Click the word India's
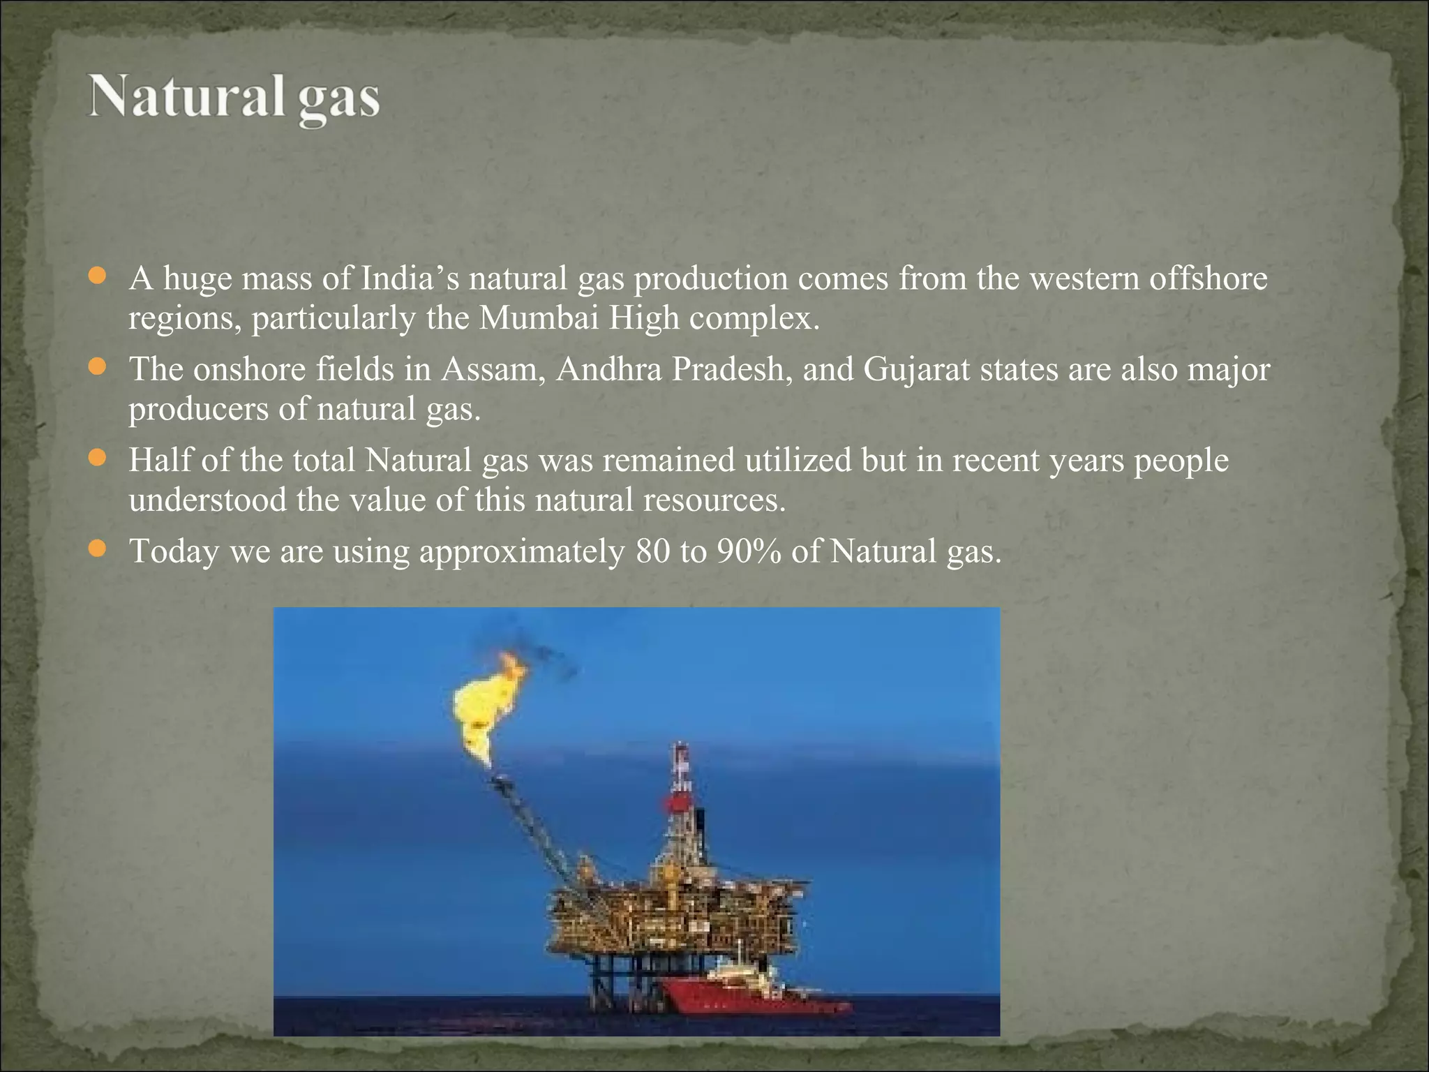409,278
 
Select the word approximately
521,551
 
